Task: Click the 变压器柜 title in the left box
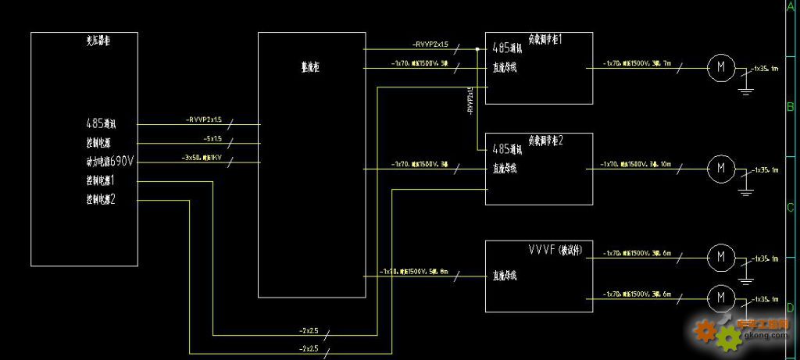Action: point(97,41)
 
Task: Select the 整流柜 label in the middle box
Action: point(311,68)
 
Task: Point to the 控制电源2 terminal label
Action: point(101,200)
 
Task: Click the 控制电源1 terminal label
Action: point(101,181)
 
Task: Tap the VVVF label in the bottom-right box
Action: point(541,250)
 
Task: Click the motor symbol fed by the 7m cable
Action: point(720,68)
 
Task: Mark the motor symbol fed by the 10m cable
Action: point(720,166)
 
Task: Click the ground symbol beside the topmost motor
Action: point(746,89)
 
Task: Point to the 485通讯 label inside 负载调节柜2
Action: point(506,148)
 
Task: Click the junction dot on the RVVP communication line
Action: point(477,49)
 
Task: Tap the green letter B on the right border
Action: point(790,108)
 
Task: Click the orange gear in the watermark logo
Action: point(705,332)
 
